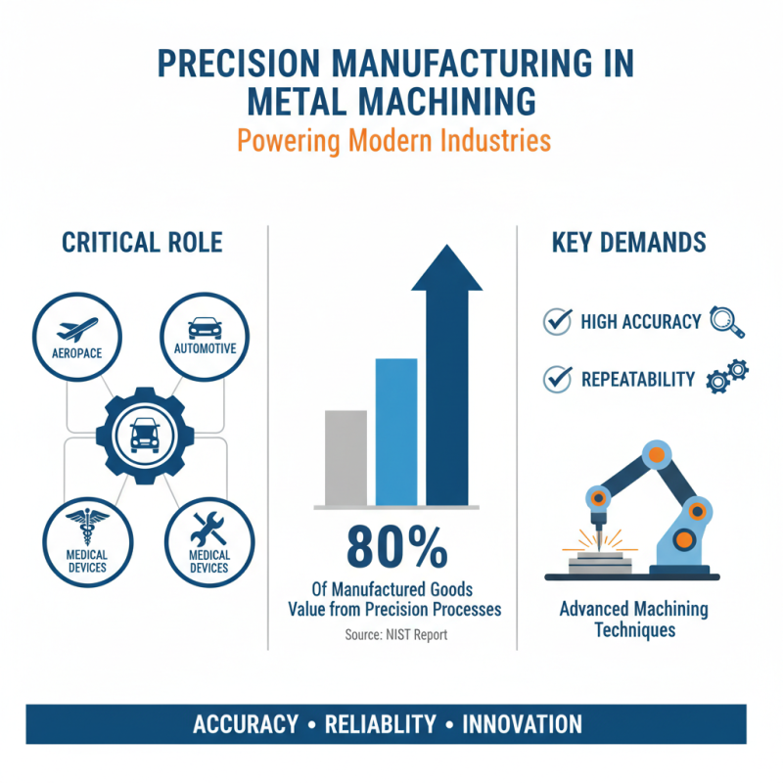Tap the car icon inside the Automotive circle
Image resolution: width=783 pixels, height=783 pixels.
tap(204, 327)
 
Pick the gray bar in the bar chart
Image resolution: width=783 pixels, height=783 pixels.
tap(345, 457)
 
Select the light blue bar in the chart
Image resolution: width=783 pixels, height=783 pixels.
tap(396, 432)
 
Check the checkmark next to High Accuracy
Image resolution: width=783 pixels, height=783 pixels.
tap(558, 321)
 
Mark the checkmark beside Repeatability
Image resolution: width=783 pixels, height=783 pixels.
tap(558, 379)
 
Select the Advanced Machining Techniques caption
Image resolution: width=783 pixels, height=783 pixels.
tap(633, 619)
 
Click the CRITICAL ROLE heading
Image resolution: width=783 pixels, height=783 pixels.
tap(142, 243)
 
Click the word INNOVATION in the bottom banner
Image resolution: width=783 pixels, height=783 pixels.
tap(522, 724)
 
